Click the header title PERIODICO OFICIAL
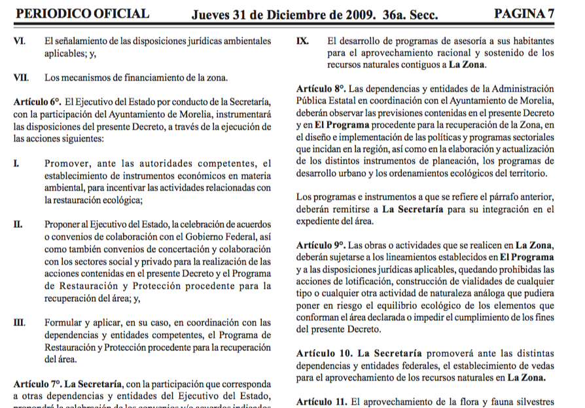tap(82, 13)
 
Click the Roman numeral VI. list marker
tap(20, 41)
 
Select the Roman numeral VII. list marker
tap(21, 77)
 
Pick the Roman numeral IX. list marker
tap(302, 41)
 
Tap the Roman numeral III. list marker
tap(20, 322)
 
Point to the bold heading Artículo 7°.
tap(37, 382)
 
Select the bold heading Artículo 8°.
tap(321, 88)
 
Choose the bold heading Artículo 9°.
tap(321, 246)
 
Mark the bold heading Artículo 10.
tap(322, 354)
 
